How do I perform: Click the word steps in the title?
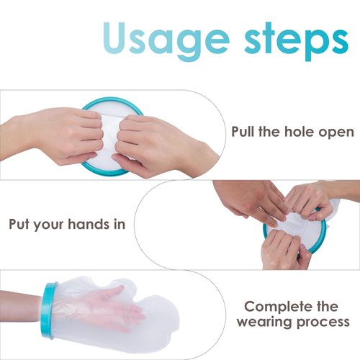(x=298, y=40)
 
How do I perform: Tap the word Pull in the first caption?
(x=244, y=132)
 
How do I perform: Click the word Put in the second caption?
(x=21, y=223)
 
